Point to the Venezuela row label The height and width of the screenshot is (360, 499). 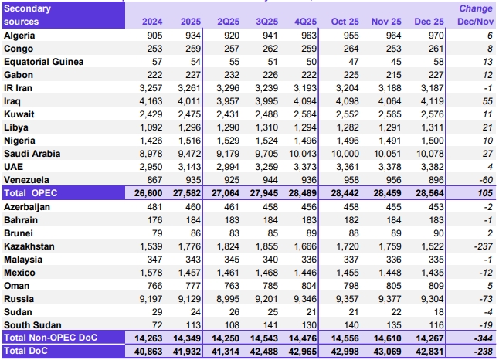pyautogui.click(x=27, y=179)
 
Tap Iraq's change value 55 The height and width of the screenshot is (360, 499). pyautogui.click(x=487, y=100)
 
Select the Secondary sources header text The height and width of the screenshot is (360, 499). pyautogui.click(x=29, y=15)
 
